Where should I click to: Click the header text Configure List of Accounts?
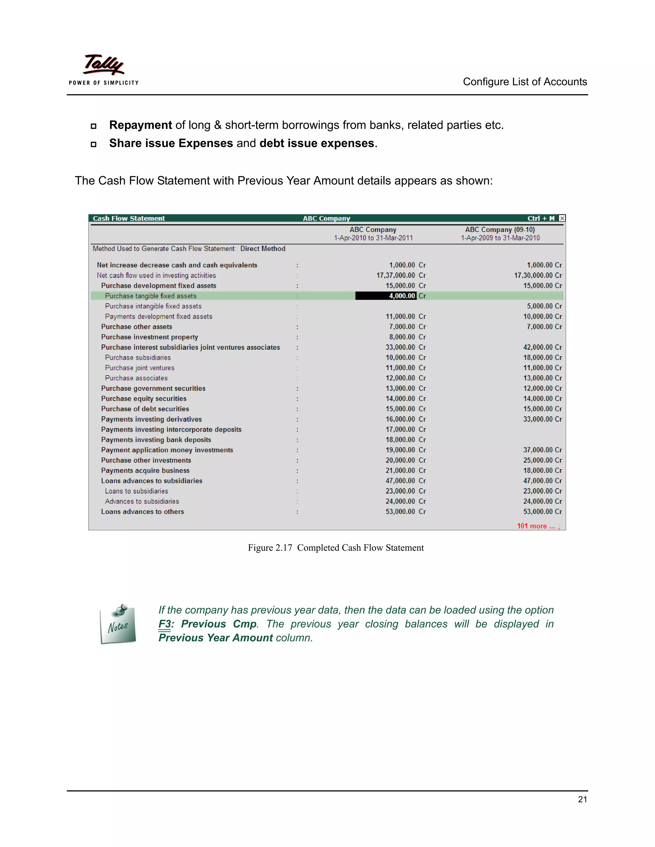(x=525, y=82)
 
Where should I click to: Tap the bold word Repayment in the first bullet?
(x=140, y=125)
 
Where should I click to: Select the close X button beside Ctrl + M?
(x=562, y=218)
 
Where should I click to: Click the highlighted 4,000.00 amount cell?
(x=386, y=296)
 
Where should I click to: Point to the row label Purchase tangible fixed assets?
(x=151, y=296)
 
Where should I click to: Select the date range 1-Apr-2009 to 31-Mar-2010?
(x=500, y=238)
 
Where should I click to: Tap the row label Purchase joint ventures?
(x=140, y=368)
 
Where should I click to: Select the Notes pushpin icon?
(x=118, y=623)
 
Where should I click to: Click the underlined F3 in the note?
(x=164, y=624)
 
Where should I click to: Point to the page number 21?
(x=582, y=799)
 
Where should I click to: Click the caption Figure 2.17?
(x=270, y=548)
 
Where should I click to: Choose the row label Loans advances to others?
(x=142, y=511)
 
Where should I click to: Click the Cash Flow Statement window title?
(x=129, y=218)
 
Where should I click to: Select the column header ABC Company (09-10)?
(x=500, y=229)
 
